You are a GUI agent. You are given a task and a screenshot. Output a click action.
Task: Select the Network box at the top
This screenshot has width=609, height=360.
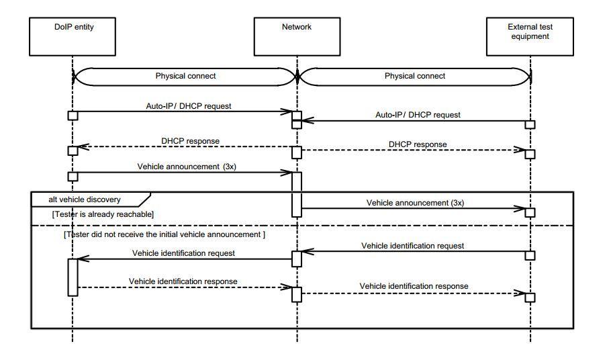click(297, 36)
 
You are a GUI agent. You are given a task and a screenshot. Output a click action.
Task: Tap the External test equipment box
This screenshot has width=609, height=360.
click(530, 36)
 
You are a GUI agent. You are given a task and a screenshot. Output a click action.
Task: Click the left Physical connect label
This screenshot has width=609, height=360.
click(186, 76)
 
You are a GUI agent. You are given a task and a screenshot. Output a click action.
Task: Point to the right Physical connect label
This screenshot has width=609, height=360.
click(415, 76)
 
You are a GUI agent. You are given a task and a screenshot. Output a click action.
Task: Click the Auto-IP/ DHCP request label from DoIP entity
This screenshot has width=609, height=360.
click(189, 105)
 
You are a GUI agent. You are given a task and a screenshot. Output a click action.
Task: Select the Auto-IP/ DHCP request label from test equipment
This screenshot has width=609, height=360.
click(418, 115)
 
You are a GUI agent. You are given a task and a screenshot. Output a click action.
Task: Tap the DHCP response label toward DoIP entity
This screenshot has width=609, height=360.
click(190, 141)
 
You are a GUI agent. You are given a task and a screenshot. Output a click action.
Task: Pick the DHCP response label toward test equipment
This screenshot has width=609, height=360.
click(417, 144)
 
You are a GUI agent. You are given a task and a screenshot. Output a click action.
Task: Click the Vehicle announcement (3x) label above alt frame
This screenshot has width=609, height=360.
click(187, 167)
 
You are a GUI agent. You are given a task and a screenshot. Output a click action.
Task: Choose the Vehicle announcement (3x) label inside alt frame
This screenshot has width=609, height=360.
click(415, 202)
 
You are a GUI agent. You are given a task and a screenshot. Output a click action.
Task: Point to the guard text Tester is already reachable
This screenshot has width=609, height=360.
click(103, 214)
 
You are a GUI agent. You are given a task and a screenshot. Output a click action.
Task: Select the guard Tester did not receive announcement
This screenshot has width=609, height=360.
click(164, 234)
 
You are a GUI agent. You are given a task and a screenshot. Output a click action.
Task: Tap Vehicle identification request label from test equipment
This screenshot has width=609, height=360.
click(412, 246)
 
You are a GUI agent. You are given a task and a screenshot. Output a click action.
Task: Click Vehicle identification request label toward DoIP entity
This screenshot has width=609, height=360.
click(183, 253)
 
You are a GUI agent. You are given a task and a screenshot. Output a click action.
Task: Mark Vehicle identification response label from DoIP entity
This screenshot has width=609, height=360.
click(183, 281)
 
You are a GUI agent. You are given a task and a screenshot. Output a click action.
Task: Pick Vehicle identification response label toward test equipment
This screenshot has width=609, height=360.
click(414, 286)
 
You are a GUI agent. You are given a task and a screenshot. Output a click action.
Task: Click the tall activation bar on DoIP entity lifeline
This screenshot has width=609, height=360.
click(73, 277)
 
